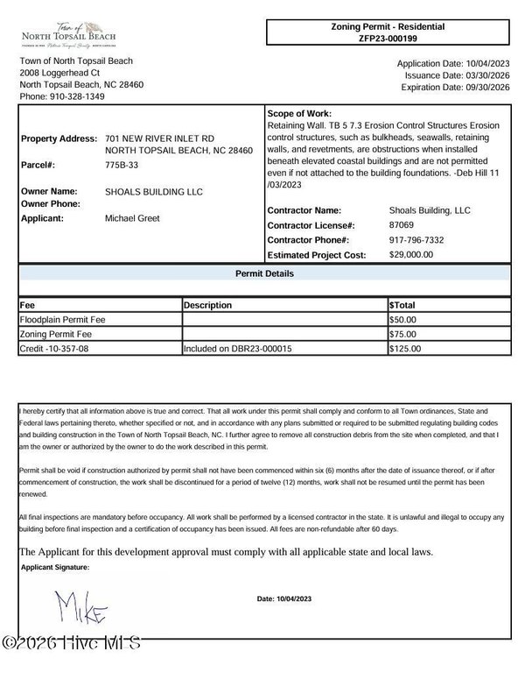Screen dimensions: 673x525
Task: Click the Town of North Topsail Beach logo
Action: (68, 32)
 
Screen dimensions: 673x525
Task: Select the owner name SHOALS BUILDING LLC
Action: (152, 191)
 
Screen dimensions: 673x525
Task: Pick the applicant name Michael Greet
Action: (132, 217)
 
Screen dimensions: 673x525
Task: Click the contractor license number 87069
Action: (402, 225)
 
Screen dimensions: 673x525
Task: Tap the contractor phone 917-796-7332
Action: (416, 239)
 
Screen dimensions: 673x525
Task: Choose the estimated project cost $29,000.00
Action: (411, 254)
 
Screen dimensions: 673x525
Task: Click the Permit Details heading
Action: (264, 274)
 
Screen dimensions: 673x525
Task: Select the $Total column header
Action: (402, 305)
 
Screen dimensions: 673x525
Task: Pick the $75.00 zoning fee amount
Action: (402, 334)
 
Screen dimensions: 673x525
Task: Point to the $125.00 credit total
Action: (404, 348)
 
